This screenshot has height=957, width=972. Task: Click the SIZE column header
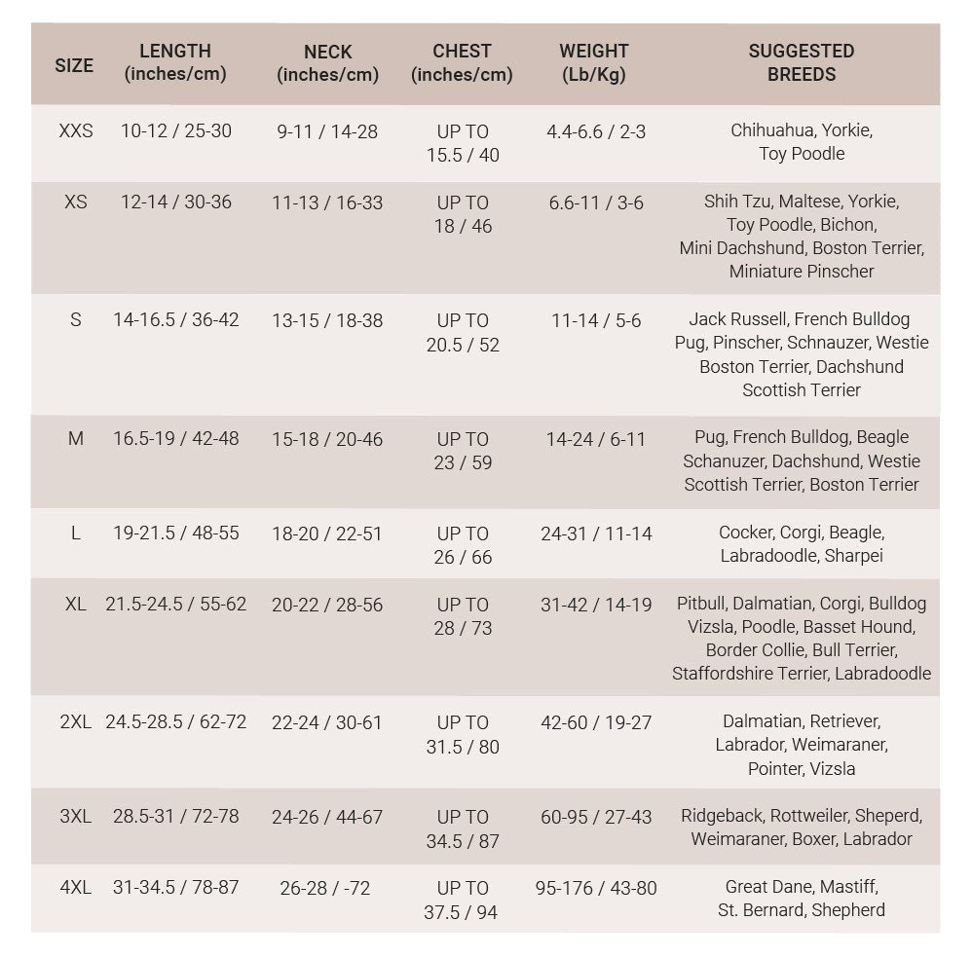[74, 65]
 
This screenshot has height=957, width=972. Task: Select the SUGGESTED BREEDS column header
[801, 62]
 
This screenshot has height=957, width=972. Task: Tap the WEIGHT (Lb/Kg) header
[593, 62]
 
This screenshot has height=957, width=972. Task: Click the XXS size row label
[76, 130]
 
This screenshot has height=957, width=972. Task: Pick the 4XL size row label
[75, 888]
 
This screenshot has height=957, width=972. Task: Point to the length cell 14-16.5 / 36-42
[175, 319]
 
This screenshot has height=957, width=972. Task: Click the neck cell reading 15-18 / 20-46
[327, 439]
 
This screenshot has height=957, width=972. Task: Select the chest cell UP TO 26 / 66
[463, 545]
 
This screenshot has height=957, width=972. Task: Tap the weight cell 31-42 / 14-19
[596, 605]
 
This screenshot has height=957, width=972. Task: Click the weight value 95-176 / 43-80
[596, 888]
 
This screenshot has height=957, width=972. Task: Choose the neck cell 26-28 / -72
[325, 888]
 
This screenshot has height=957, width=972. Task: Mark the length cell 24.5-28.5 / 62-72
[175, 722]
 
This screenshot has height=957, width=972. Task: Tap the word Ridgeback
[722, 816]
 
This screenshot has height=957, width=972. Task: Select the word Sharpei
[853, 556]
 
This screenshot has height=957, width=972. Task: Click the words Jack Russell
[737, 319]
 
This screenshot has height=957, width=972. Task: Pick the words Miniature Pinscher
[802, 272]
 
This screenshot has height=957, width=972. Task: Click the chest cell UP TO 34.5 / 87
[463, 828]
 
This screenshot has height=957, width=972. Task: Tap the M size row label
[76, 439]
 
